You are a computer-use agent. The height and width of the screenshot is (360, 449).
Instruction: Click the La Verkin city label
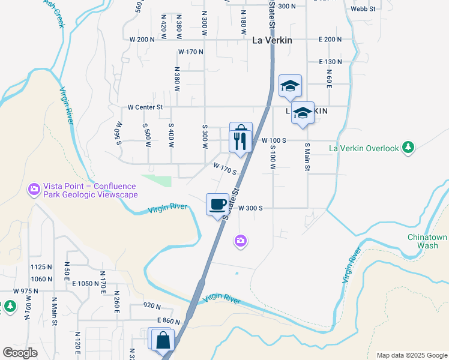pyautogui.click(x=272, y=40)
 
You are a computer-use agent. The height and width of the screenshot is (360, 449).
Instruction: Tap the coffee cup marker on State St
pyautogui.click(x=217, y=204)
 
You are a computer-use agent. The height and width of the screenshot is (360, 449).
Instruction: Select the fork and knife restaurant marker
pyautogui.click(x=240, y=142)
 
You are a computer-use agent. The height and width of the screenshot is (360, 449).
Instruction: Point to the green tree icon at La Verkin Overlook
pyautogui.click(x=408, y=148)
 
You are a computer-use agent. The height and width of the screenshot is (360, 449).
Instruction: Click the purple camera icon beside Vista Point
pyautogui.click(x=34, y=190)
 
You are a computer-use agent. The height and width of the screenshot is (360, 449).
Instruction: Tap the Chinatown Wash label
pyautogui.click(x=427, y=241)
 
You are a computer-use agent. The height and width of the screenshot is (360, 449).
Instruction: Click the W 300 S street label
pyautogui.click(x=251, y=208)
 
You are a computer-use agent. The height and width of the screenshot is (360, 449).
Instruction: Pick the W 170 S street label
pyautogui.click(x=224, y=167)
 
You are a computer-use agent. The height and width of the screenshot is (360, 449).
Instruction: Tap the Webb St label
pyautogui.click(x=363, y=9)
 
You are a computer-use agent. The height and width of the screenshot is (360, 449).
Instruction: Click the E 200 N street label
pyautogui.click(x=330, y=39)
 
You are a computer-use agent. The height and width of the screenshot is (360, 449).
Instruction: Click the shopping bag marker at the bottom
pyautogui.click(x=163, y=340)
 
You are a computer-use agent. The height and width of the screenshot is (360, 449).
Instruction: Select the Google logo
pyautogui.click(x=20, y=353)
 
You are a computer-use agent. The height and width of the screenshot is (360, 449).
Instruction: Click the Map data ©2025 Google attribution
pyautogui.click(x=412, y=355)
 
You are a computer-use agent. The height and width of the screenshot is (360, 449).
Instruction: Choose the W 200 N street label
pyautogui.click(x=142, y=39)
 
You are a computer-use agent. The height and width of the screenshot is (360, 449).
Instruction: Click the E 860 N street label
pyautogui.click(x=169, y=322)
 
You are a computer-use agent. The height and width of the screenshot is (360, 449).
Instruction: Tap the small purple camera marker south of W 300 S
pyautogui.click(x=241, y=241)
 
